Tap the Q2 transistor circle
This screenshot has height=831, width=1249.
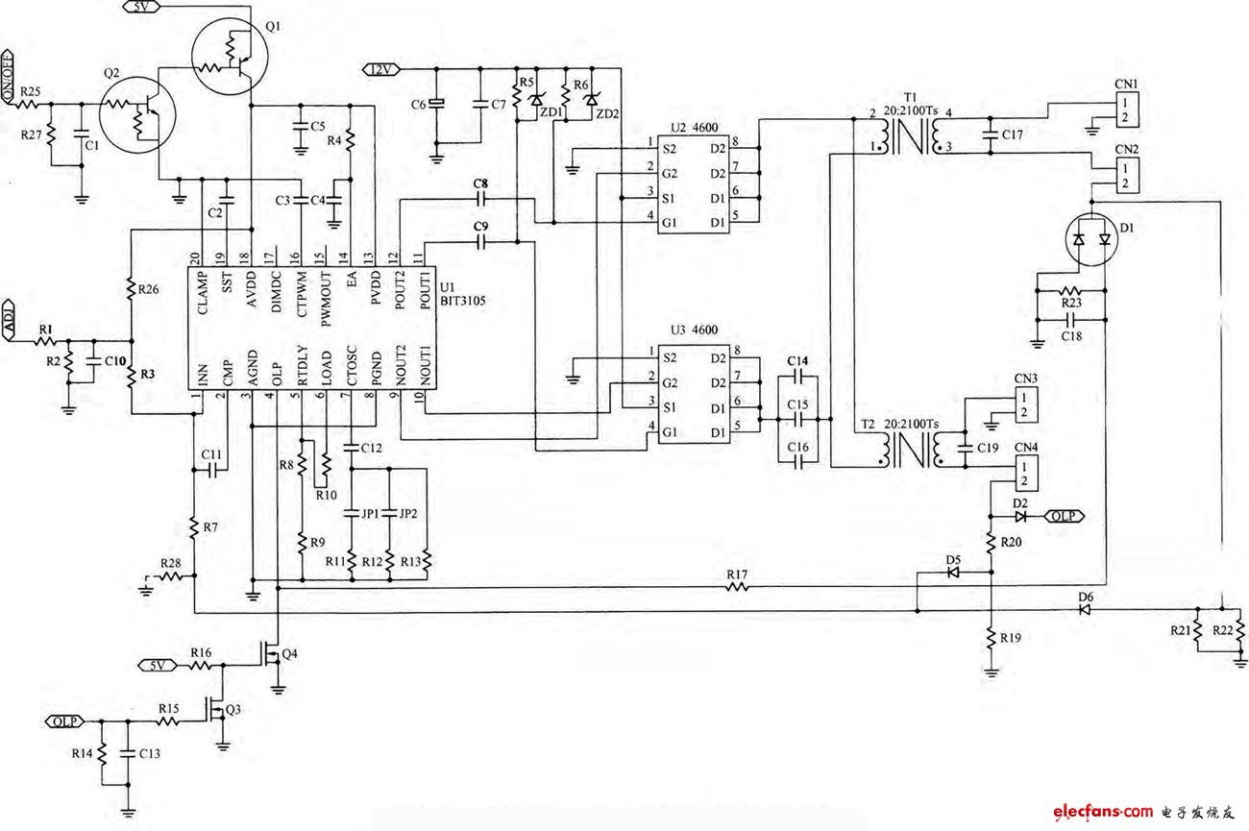tap(137, 113)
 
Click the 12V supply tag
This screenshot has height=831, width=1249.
tap(379, 68)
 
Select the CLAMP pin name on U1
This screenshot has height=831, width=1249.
tap(202, 289)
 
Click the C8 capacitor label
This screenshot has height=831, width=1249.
tap(480, 183)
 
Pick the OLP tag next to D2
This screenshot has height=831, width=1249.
tap(1065, 516)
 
